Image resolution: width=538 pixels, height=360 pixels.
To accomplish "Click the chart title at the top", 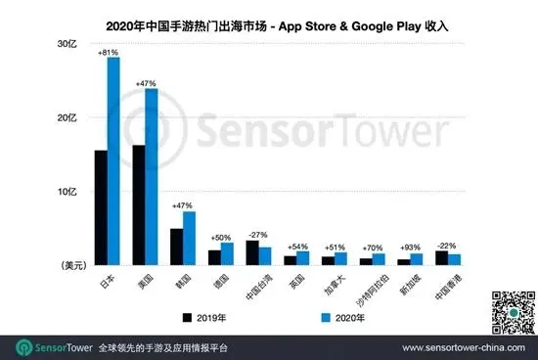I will point(269,21).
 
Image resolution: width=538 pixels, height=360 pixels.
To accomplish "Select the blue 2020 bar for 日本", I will point(113,161).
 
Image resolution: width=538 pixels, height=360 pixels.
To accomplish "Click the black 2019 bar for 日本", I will point(101,207).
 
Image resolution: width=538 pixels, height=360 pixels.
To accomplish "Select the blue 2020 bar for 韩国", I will point(190,238).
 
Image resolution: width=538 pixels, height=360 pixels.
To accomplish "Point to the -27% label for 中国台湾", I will point(258,235).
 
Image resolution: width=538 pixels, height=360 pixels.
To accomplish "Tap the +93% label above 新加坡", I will point(411,248).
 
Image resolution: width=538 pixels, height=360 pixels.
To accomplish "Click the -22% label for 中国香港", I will point(448,245).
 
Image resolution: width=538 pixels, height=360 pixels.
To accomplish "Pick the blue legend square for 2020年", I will point(327,318).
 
